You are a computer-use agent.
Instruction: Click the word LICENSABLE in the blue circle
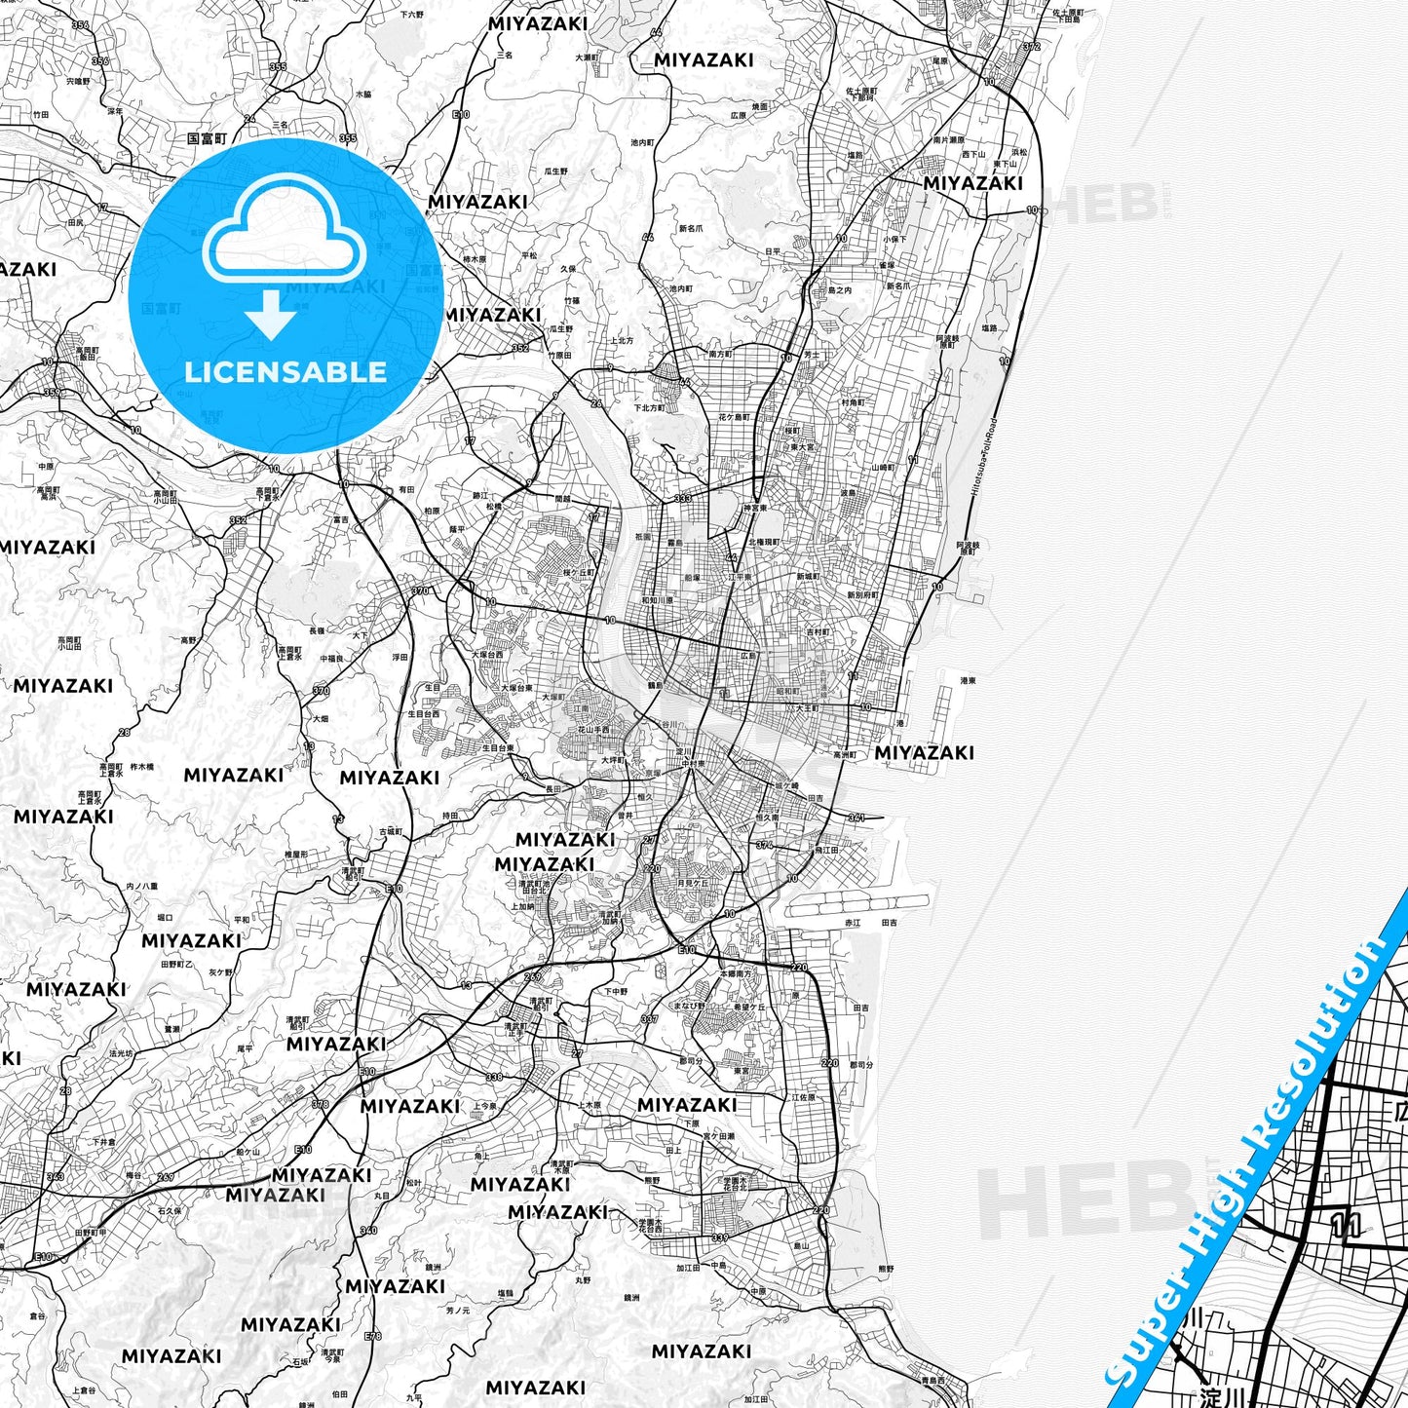(x=285, y=371)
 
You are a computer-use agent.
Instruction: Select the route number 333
(x=682, y=498)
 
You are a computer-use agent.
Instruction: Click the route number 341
(x=856, y=818)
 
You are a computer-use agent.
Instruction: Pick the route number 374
(x=765, y=846)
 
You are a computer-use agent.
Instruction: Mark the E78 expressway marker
(x=372, y=1336)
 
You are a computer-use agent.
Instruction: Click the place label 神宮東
(x=756, y=508)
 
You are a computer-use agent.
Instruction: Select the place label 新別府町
(x=864, y=594)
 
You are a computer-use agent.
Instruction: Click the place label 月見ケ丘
(x=693, y=884)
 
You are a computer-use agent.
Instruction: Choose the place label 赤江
(x=853, y=922)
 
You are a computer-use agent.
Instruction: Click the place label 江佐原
(x=804, y=1097)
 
